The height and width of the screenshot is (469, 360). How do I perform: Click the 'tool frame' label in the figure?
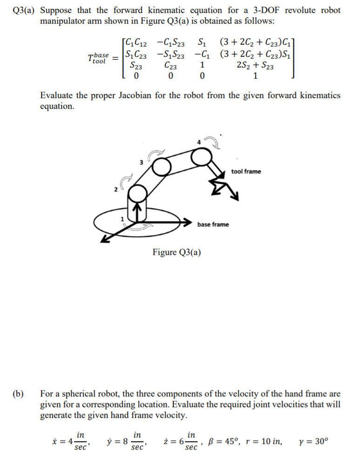click(246, 172)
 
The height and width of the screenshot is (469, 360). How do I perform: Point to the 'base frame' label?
click(213, 225)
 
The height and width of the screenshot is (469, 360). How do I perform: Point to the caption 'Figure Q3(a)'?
click(177, 253)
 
